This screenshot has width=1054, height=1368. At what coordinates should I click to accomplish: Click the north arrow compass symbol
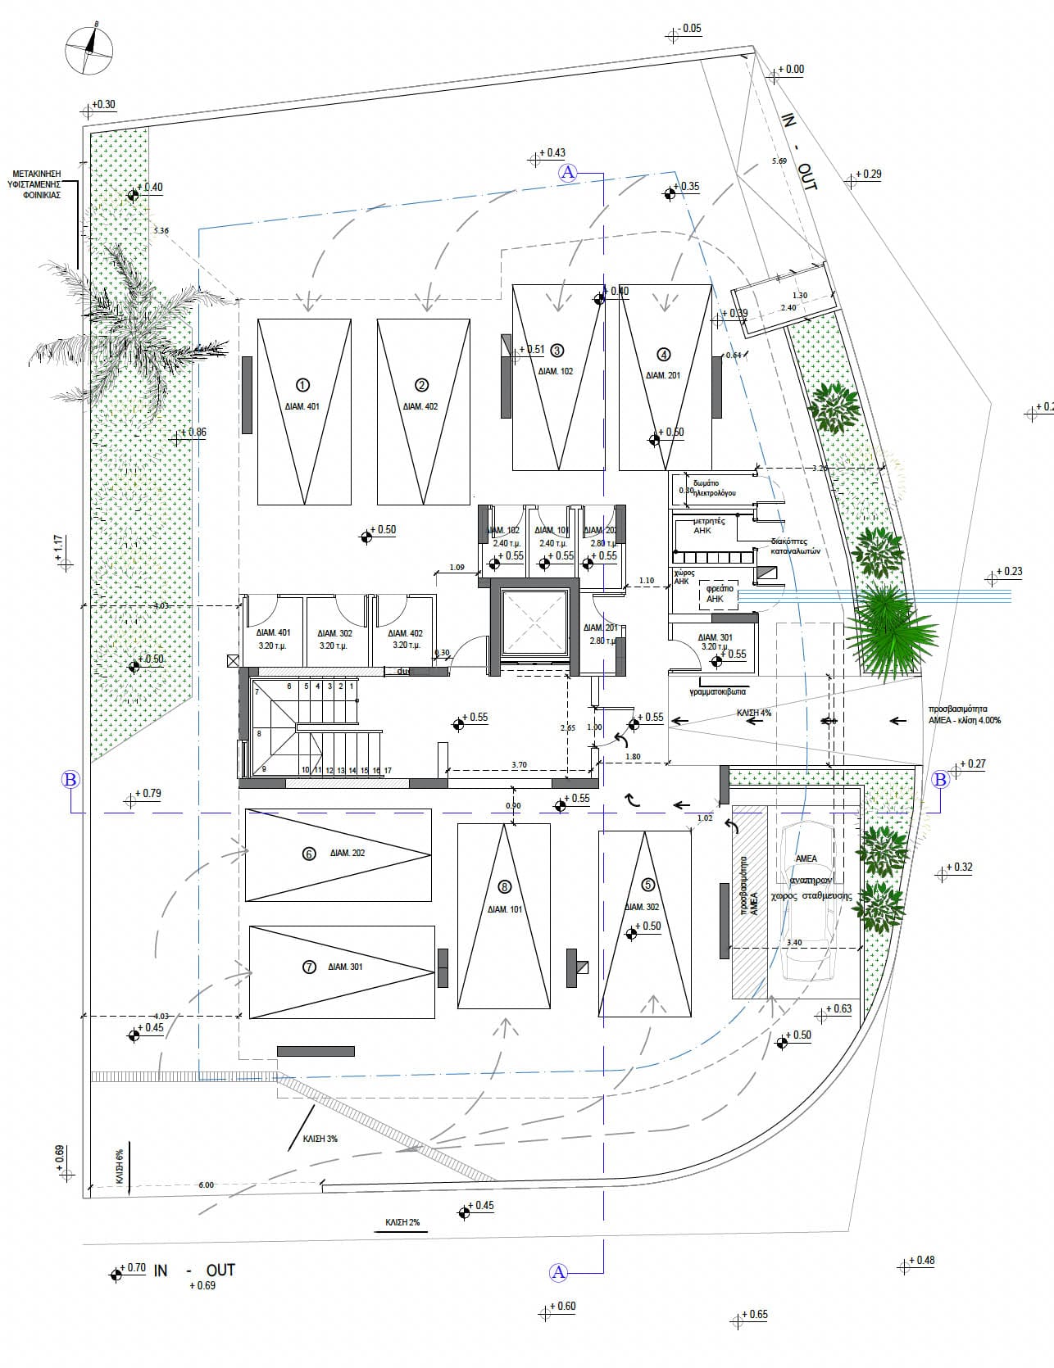(89, 48)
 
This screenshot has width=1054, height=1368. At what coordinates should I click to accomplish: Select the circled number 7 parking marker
(309, 967)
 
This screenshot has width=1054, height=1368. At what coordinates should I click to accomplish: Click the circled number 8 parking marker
(504, 886)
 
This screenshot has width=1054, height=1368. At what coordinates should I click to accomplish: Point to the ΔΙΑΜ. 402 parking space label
(420, 406)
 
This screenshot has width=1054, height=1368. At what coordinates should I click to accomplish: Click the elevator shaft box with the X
(534, 624)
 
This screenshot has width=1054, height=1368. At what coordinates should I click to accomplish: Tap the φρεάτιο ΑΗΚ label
(716, 593)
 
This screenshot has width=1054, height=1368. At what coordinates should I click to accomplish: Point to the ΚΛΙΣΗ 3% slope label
(320, 1139)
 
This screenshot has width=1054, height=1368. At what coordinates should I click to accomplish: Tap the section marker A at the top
(568, 172)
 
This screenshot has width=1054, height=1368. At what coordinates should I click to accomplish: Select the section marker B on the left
(70, 779)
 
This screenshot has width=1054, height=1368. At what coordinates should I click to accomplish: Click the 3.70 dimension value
(518, 765)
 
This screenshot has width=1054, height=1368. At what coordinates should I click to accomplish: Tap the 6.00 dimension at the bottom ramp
(206, 1185)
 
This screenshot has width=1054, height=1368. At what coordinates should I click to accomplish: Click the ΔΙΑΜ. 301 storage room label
(715, 637)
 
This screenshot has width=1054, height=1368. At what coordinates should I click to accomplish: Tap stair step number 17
(388, 771)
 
